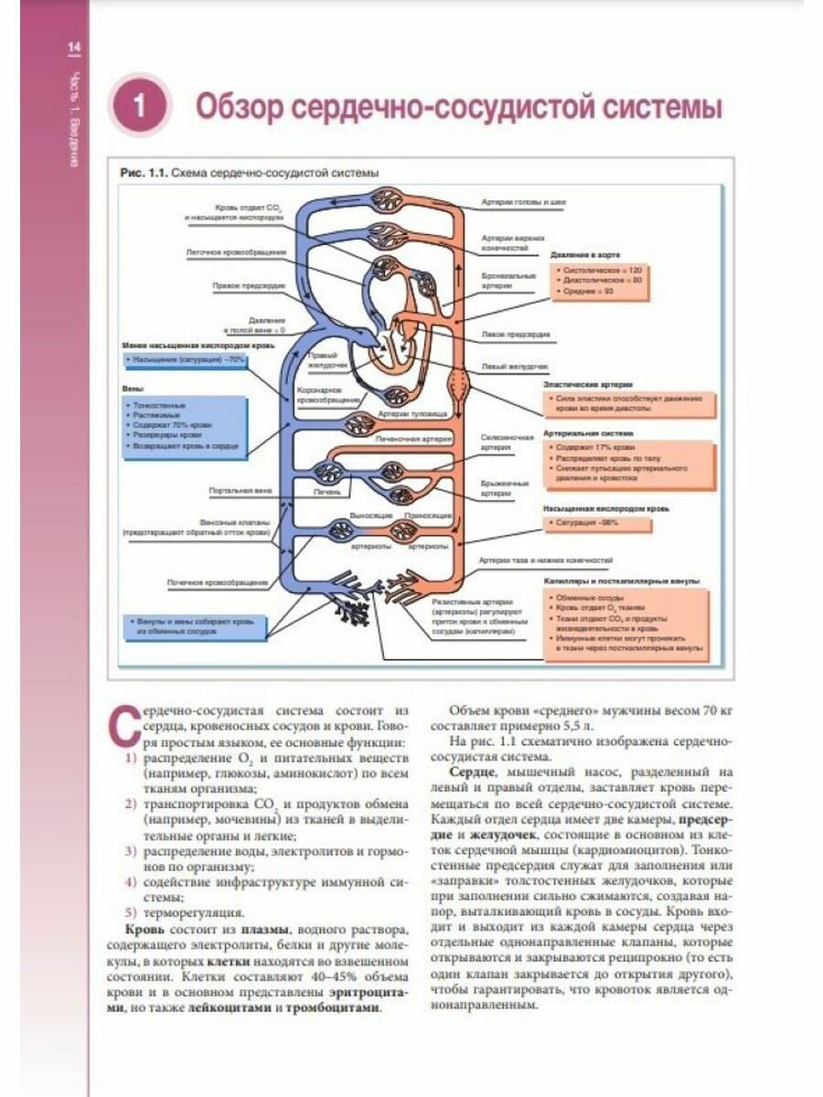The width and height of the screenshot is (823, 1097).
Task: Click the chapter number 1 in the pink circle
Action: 140,106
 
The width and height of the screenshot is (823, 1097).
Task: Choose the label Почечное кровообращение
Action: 217,581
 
